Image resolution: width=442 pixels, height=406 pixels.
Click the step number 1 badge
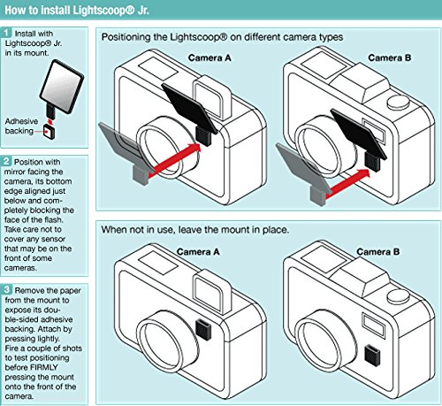coord(7,33)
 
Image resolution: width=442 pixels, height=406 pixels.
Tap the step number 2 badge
coord(7,161)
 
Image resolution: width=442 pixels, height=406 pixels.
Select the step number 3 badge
coord(7,290)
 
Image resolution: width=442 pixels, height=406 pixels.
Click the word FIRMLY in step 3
coord(44,367)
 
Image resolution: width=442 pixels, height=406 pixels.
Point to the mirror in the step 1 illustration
coord(62,86)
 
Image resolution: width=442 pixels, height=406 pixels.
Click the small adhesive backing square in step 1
coord(49,132)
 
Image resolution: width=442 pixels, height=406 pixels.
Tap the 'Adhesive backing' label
coord(21,126)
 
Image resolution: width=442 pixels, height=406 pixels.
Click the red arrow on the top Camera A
coord(174,161)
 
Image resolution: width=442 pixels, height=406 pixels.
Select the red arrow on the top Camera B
coord(347,183)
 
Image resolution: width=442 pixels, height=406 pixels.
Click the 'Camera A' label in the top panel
coord(210,57)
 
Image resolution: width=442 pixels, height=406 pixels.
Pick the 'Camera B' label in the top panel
coord(389,57)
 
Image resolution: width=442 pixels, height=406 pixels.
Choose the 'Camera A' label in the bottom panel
coord(198,252)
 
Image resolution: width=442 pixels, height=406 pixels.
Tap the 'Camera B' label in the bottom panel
coord(378,252)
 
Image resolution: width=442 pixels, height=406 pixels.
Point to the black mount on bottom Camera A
coord(203,328)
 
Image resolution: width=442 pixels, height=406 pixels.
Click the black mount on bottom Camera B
coord(372,355)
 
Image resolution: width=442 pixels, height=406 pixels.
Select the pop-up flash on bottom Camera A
coord(211,292)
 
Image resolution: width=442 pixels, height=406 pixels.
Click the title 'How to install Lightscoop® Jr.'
coord(77,10)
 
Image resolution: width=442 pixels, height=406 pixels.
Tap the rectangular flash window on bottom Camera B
coord(374,325)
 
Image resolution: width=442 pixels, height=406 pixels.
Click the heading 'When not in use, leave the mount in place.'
coord(195,229)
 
